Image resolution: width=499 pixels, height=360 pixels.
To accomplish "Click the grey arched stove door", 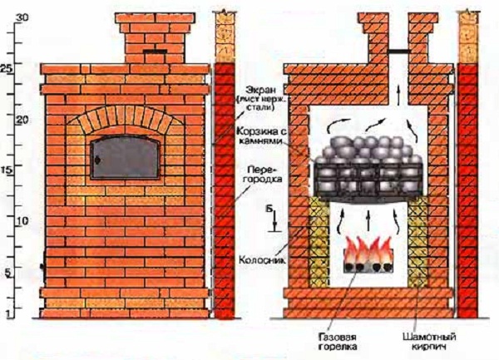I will pos(126,159).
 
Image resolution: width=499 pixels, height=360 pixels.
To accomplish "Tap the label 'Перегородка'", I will pos(258,175).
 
